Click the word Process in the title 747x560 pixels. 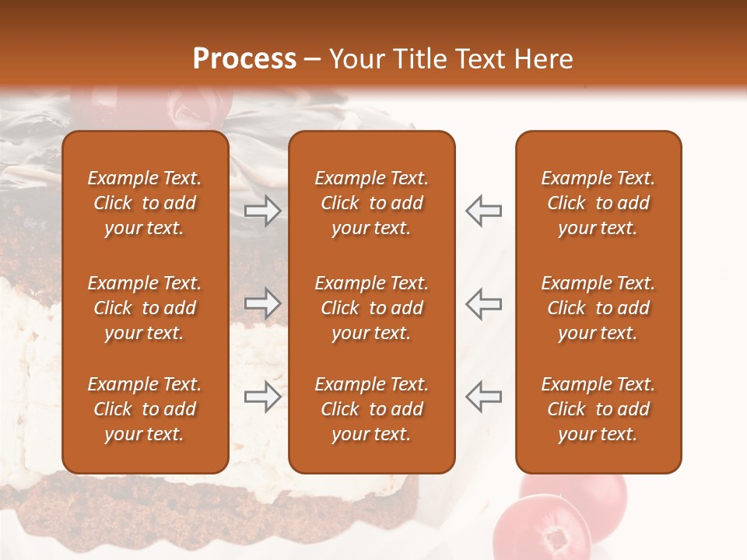coord(244,59)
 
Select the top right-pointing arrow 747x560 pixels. coord(263,211)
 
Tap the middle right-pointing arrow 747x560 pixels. coord(263,303)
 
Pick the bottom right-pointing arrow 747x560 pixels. coord(263,397)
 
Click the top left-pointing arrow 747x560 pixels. coord(484,211)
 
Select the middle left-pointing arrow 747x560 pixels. coord(484,303)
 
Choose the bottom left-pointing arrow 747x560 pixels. coord(484,397)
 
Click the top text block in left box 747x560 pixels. coord(145,203)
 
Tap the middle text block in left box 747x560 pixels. coord(145,308)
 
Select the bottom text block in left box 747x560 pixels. coord(145,409)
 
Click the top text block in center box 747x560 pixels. coord(372,203)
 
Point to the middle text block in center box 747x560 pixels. coord(372,308)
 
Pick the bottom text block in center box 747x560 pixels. coord(372,409)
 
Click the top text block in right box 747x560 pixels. coord(598,203)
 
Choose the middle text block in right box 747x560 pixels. coord(598,308)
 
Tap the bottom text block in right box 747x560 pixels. coord(598,409)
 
